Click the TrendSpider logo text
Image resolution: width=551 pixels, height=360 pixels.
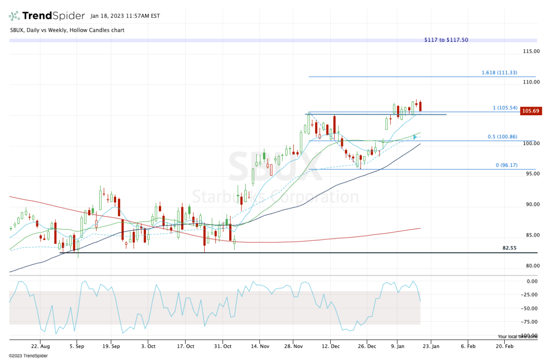[x=53, y=16]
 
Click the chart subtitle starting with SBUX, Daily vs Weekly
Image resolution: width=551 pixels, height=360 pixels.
[x=67, y=30]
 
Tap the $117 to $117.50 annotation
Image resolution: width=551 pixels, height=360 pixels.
[x=446, y=40]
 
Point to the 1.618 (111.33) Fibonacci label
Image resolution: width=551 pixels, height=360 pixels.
[x=499, y=73]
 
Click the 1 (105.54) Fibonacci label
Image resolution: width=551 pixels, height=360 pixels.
[x=505, y=108]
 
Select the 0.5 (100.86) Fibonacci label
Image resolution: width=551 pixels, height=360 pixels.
[x=502, y=137]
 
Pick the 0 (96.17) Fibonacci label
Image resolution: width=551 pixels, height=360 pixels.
[x=506, y=165]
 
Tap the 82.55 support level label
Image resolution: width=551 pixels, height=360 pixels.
[x=509, y=248]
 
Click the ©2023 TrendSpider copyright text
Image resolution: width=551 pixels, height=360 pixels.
[x=24, y=355]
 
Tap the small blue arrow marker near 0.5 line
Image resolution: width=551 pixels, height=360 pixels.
[x=415, y=137]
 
